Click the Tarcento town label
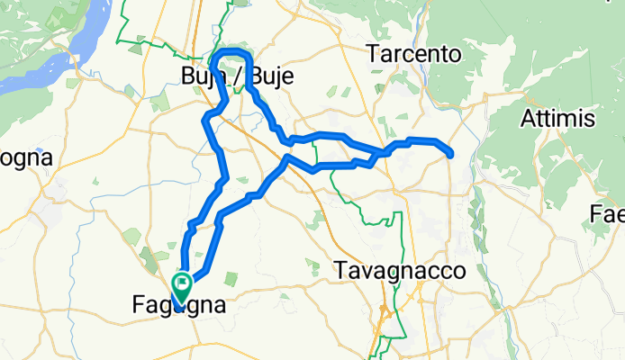(x=414, y=54)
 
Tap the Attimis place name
(x=557, y=118)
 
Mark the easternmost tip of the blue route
(x=449, y=154)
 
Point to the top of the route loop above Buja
(x=235, y=49)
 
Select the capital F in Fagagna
(x=126, y=307)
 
